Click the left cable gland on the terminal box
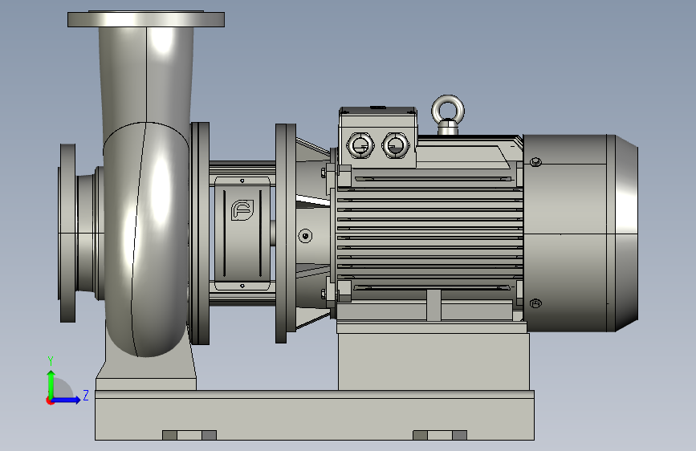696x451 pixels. (360, 144)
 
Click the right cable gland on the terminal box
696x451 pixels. (395, 144)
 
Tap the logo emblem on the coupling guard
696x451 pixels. (242, 210)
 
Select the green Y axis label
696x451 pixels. (51, 360)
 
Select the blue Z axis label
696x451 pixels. (86, 395)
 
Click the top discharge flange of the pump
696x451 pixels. (146, 19)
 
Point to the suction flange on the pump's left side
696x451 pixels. (67, 233)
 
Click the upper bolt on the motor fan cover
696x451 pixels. (535, 161)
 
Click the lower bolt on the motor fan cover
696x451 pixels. (535, 303)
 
